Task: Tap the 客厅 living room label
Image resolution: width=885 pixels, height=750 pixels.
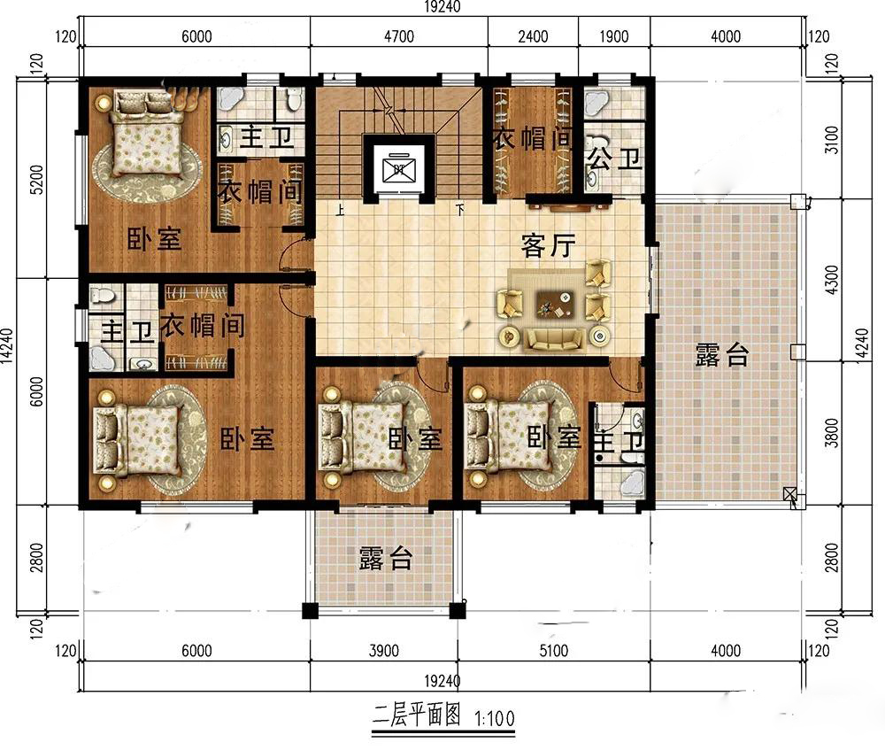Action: click(x=548, y=245)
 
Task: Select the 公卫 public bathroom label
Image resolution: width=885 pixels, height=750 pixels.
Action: click(x=615, y=159)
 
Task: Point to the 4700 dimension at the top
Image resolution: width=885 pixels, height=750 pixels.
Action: click(x=399, y=36)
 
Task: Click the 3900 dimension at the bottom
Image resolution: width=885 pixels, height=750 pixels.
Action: click(x=384, y=651)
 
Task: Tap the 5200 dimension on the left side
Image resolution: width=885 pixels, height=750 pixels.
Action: click(x=35, y=180)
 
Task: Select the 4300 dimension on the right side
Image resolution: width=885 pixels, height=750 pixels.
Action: click(x=831, y=280)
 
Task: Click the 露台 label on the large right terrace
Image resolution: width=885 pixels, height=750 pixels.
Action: click(x=722, y=355)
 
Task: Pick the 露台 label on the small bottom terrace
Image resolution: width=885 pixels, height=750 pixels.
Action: click(x=386, y=558)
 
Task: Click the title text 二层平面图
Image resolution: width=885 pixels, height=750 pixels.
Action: click(x=417, y=715)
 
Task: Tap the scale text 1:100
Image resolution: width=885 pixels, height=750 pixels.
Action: click(x=495, y=718)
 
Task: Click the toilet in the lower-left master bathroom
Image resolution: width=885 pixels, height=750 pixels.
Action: click(x=103, y=295)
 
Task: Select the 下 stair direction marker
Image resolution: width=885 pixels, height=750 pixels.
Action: click(x=460, y=211)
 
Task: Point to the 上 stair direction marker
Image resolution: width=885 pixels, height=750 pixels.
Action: click(x=340, y=211)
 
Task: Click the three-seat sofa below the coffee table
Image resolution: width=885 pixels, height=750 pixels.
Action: click(x=554, y=339)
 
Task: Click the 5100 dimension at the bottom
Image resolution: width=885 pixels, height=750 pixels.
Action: click(x=554, y=651)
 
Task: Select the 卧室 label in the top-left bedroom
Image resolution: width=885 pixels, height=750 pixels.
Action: click(x=153, y=239)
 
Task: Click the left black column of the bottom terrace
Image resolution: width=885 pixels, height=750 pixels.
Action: click(x=310, y=610)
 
